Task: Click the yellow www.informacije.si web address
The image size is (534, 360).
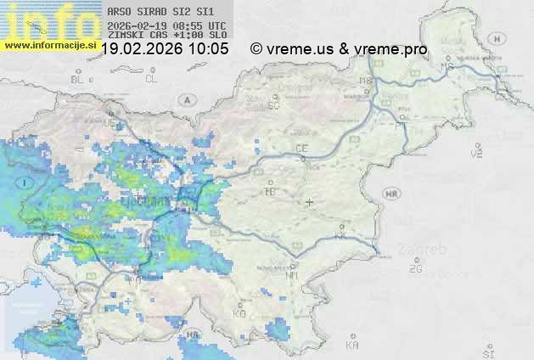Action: (x=49, y=45)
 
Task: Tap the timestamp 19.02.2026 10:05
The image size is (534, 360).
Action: (x=165, y=49)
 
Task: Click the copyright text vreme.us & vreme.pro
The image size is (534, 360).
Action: (x=339, y=49)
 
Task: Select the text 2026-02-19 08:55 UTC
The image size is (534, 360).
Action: (x=166, y=25)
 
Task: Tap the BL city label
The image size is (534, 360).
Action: (x=79, y=79)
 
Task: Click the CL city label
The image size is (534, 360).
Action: (x=151, y=79)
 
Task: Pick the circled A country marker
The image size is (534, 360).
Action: (x=186, y=99)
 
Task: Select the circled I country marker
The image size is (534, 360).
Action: (x=27, y=183)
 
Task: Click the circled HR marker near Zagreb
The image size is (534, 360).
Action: (x=391, y=194)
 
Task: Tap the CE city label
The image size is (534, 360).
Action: (x=301, y=149)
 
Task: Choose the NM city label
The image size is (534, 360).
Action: (x=293, y=276)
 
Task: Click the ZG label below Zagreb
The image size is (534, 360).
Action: (x=415, y=269)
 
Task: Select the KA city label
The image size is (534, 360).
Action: (x=352, y=345)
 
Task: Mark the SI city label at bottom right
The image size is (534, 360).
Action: (x=487, y=350)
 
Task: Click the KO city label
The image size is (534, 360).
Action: (x=239, y=313)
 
